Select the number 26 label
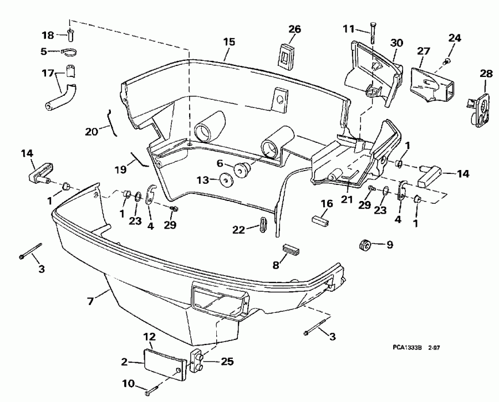294,29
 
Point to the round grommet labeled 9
364,244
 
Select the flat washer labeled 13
226,181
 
